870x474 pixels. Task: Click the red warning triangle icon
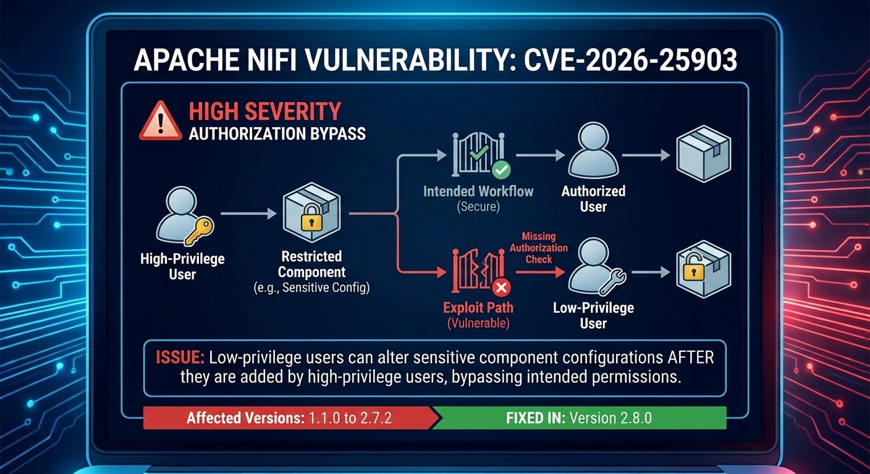(160, 121)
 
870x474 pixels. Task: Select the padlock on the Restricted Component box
(307, 218)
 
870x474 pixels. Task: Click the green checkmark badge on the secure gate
(500, 168)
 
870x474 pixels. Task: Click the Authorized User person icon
(593, 152)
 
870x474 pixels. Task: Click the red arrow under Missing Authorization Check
(538, 271)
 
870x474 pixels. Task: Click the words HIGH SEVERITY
(264, 112)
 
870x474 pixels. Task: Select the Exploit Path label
(478, 307)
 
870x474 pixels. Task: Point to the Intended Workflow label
(478, 191)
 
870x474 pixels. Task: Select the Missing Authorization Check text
(538, 247)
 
